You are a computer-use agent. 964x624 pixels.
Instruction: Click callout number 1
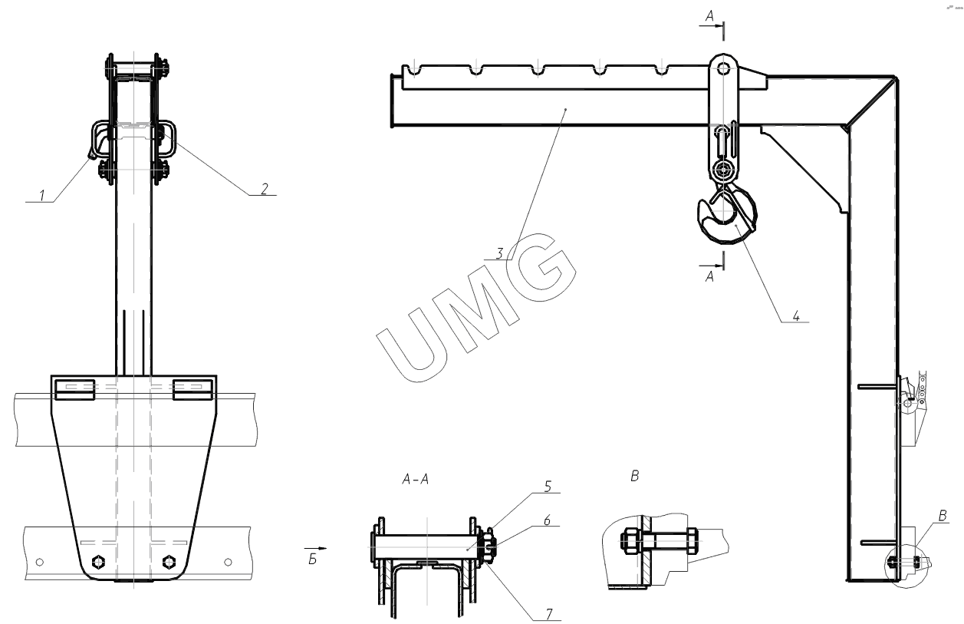coord(41,196)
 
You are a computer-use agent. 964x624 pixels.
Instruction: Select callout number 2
coord(265,189)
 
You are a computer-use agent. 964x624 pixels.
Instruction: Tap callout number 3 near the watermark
coord(500,253)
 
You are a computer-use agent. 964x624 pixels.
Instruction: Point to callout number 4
coord(796,315)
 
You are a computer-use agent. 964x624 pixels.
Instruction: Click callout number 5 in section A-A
coord(548,487)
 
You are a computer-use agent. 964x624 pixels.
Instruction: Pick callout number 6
coord(547,520)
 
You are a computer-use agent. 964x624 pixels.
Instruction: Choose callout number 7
coord(548,614)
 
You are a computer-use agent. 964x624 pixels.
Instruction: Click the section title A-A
coord(416,479)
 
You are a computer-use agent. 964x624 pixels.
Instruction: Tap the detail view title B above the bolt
coord(635,476)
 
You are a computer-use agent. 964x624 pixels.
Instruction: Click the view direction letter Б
coord(312,560)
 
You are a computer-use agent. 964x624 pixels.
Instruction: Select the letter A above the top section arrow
coord(709,16)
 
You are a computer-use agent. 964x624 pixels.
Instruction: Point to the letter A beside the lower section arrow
coord(709,276)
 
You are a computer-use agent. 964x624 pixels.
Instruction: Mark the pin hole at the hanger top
coord(723,68)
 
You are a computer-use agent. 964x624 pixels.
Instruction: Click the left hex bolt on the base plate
coord(99,562)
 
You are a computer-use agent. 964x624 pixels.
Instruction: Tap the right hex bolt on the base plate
coord(169,562)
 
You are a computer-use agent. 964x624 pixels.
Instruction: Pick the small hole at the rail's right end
coord(229,562)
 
